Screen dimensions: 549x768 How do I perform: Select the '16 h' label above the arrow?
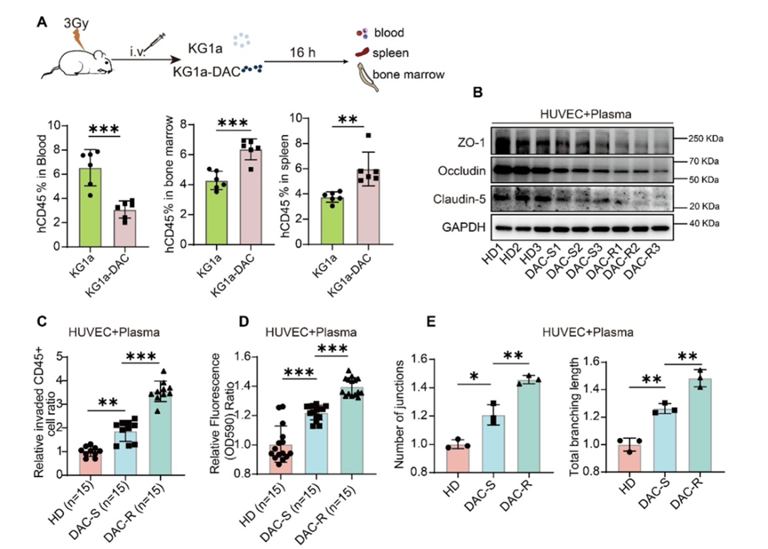click(302, 53)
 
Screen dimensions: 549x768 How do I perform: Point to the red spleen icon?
click(362, 53)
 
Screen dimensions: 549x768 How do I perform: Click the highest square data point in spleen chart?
click(368, 136)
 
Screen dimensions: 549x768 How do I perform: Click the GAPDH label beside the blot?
click(464, 227)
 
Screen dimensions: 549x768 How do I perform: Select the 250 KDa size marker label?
click(706, 139)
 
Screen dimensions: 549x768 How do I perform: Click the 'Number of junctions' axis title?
click(400, 414)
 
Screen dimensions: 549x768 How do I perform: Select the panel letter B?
click(478, 92)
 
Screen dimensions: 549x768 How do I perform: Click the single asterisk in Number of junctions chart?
click(474, 376)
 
